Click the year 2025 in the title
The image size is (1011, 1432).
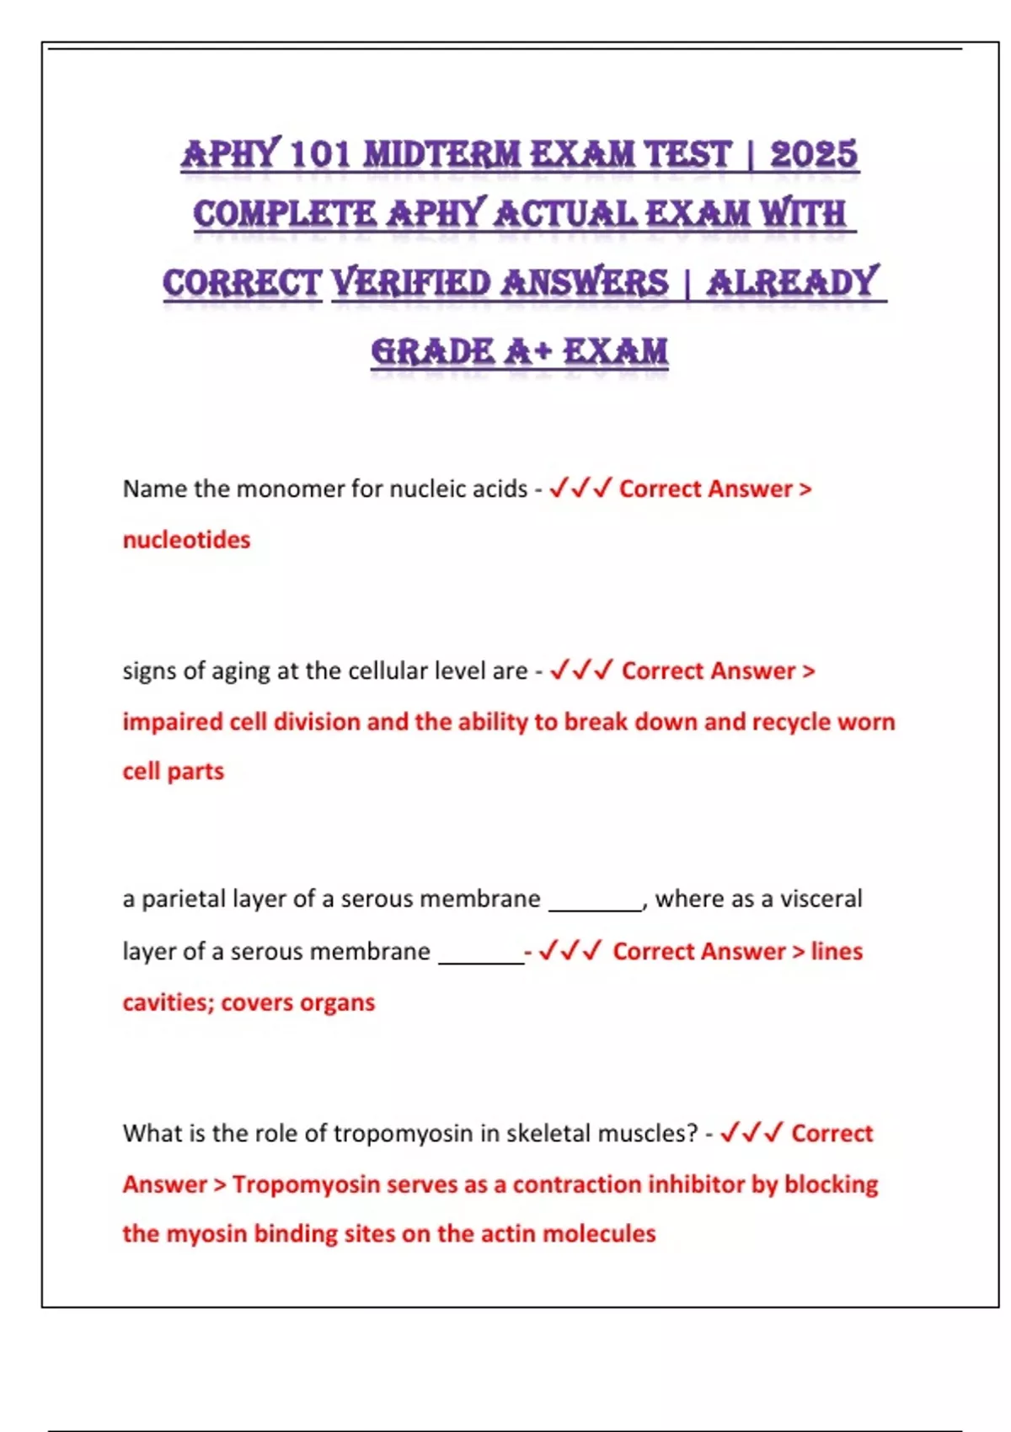click(813, 154)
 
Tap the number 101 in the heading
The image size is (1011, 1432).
click(319, 155)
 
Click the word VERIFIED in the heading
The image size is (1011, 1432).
click(410, 283)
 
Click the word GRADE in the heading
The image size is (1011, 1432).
click(432, 351)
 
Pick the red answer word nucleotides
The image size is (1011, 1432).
click(186, 540)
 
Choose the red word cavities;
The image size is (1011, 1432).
click(168, 1002)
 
